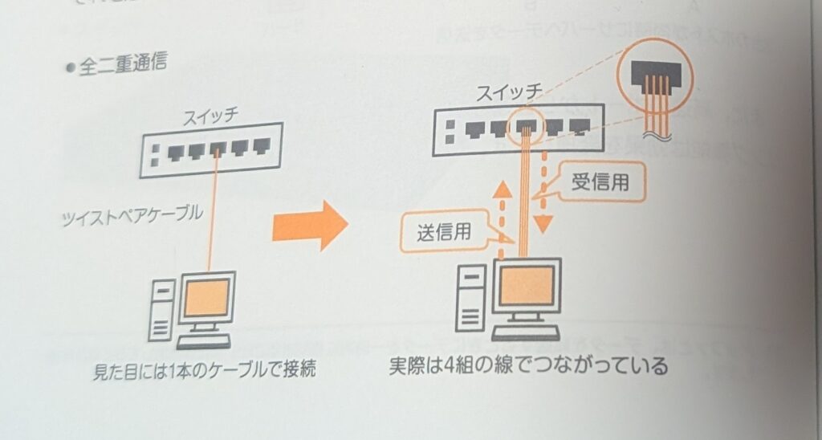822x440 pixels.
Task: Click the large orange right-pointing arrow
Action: (x=310, y=226)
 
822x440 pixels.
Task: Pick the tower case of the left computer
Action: (x=162, y=308)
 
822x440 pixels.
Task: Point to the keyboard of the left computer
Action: (x=203, y=341)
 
